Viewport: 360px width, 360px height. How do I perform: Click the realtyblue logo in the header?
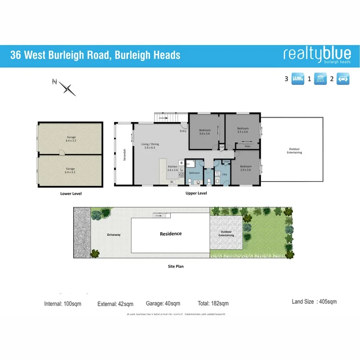[317, 55]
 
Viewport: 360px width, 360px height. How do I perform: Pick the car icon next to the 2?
[343, 79]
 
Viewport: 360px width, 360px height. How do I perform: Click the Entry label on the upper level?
[183, 131]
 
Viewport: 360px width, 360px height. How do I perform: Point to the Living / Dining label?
[150, 146]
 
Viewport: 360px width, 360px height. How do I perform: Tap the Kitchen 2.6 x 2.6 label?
[172, 168]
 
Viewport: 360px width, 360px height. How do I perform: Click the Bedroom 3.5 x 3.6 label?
[242, 130]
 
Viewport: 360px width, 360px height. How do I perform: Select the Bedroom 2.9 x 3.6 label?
[246, 168]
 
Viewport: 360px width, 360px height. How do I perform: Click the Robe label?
[248, 146]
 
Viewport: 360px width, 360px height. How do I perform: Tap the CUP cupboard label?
[221, 148]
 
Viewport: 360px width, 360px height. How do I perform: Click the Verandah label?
[124, 156]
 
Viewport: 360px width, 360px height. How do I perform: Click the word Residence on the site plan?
[171, 234]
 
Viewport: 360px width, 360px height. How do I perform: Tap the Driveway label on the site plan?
[114, 235]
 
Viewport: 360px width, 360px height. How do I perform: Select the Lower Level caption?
[71, 194]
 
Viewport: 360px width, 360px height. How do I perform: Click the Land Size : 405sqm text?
[314, 302]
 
